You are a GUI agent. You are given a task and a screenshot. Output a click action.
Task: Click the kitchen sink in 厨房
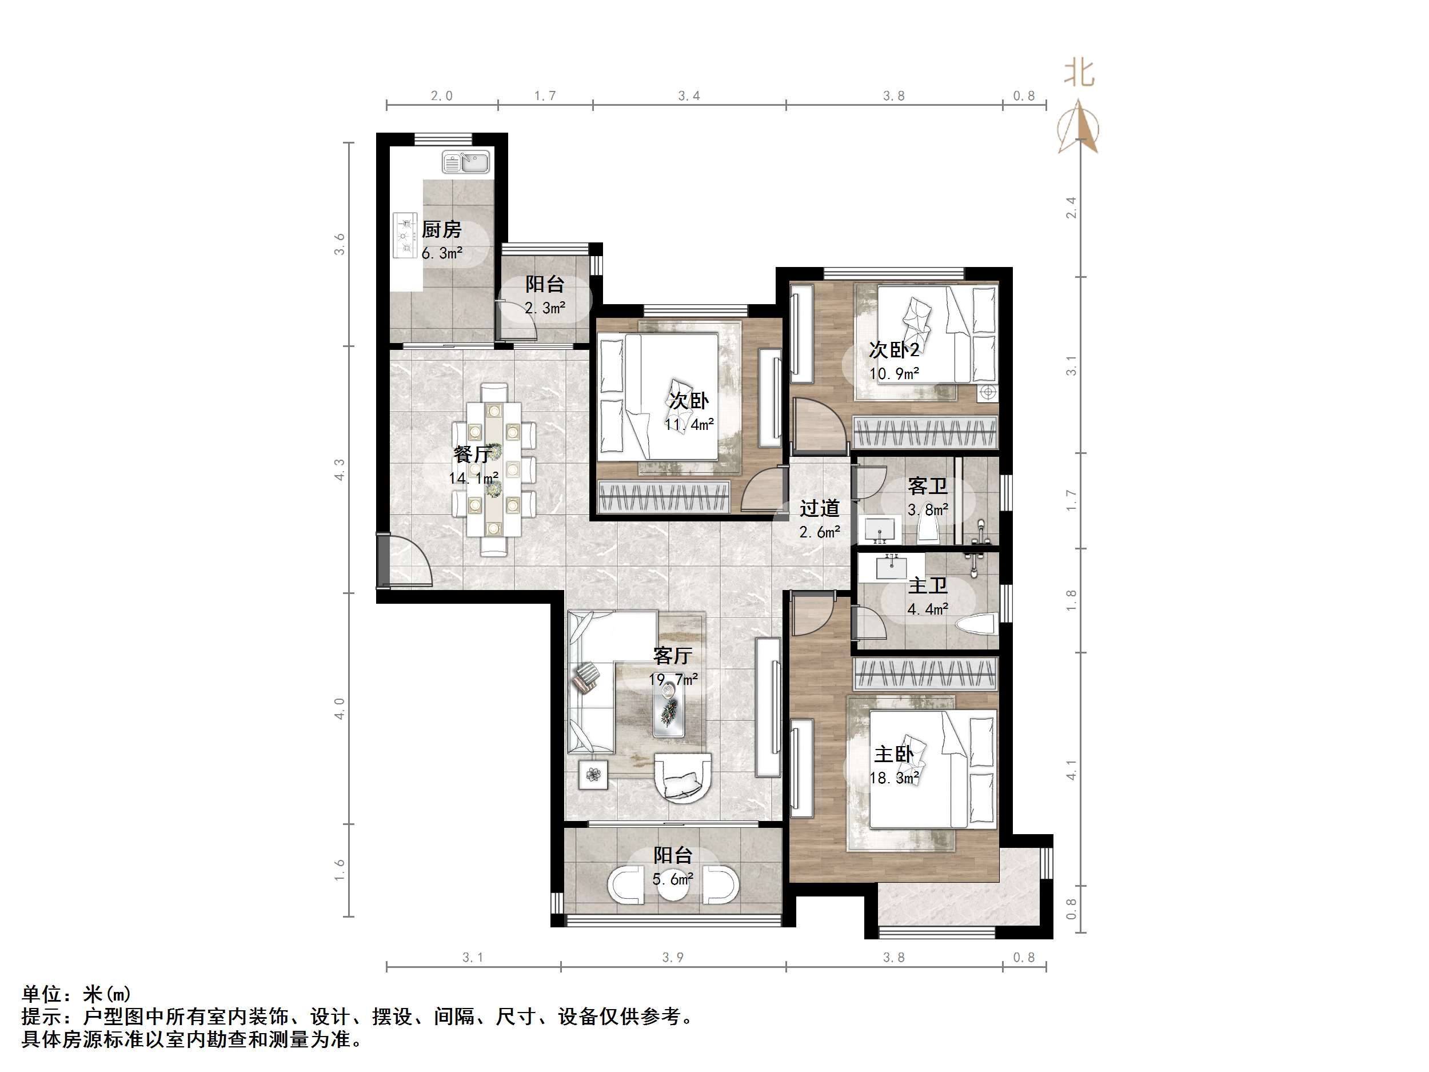466,163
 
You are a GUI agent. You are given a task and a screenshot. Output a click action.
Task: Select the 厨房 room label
441,229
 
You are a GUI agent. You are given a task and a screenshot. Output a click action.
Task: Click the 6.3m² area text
442,253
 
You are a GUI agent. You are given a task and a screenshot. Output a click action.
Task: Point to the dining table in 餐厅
494,468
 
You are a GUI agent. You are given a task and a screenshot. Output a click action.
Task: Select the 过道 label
819,508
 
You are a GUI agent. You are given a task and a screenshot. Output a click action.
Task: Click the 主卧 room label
893,754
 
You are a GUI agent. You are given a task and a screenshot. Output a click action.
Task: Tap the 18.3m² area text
893,778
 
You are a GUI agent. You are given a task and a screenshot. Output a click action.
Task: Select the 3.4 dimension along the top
689,96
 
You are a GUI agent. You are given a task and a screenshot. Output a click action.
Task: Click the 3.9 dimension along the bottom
673,958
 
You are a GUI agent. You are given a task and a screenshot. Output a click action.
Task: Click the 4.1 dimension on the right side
1071,769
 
